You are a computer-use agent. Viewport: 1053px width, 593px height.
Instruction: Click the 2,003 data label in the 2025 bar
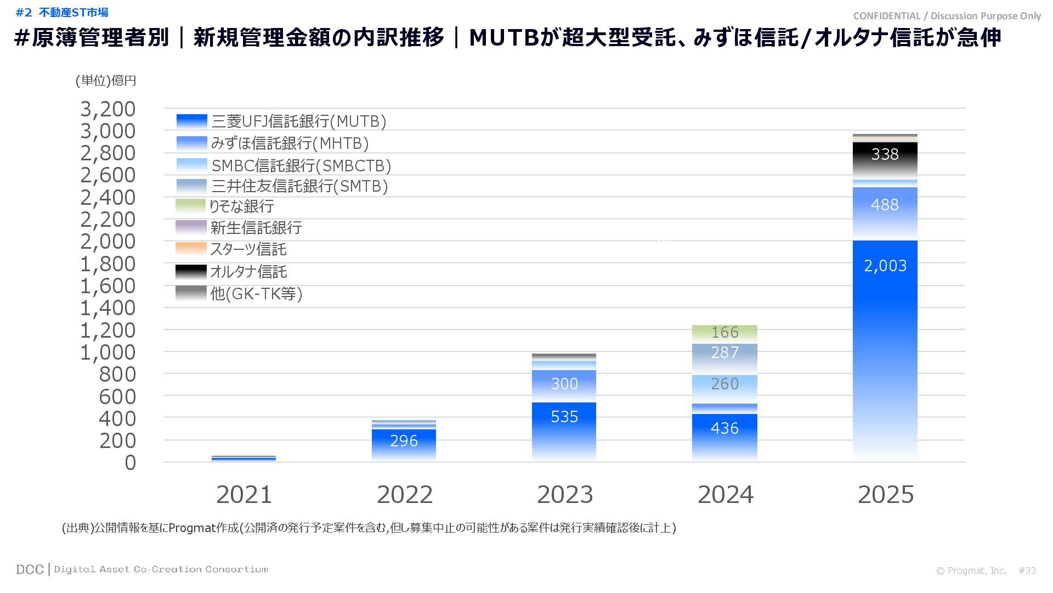click(x=885, y=266)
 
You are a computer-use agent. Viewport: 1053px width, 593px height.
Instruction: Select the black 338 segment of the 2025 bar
click(x=885, y=155)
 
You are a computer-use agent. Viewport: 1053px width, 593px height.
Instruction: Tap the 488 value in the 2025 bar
click(x=885, y=205)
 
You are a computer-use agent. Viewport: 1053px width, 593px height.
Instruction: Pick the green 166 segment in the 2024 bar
click(x=724, y=333)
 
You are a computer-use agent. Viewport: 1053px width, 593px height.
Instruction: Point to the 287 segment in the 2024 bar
click(x=724, y=353)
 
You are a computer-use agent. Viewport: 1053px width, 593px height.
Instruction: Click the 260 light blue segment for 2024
click(x=724, y=384)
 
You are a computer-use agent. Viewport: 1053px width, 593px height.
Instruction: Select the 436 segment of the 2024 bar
click(x=724, y=428)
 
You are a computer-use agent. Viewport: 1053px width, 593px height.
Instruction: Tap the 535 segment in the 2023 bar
click(x=564, y=417)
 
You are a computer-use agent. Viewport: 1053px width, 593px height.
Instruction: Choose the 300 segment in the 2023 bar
click(x=564, y=384)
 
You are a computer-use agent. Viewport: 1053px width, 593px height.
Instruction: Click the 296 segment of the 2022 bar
click(x=404, y=441)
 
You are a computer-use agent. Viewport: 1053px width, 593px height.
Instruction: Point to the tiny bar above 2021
click(x=244, y=458)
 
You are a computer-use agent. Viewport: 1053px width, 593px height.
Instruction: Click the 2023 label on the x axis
click(x=565, y=495)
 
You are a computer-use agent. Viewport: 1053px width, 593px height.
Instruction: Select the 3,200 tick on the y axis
click(x=108, y=109)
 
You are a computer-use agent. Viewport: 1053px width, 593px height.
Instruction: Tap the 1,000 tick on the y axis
click(x=108, y=353)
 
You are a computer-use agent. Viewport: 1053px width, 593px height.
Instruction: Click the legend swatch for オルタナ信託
click(x=191, y=272)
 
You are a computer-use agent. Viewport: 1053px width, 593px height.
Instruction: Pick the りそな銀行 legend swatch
click(x=191, y=206)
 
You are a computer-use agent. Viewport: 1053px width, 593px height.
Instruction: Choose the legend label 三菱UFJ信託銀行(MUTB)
click(x=299, y=121)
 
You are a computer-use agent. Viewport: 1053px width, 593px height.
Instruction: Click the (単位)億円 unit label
click(x=106, y=81)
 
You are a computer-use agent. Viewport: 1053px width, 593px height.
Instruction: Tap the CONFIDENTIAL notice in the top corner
click(x=947, y=16)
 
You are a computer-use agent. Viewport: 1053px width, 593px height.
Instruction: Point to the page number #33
click(x=1027, y=571)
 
